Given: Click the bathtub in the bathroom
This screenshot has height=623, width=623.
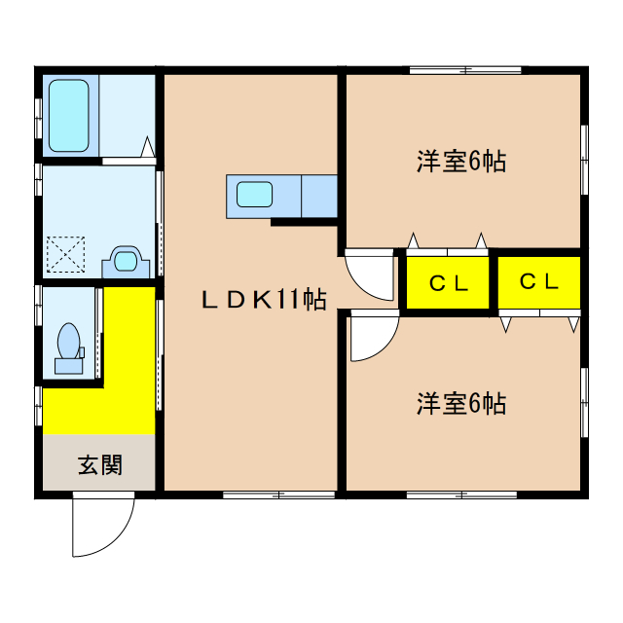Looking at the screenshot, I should pos(69,115).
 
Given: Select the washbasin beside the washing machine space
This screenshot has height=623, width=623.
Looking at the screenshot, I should pos(124,259).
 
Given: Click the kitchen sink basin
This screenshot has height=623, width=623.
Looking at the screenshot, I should pos(254,195).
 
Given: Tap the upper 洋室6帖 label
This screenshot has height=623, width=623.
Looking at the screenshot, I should pos(461,163).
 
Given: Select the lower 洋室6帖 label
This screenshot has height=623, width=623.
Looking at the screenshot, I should pos(461,403).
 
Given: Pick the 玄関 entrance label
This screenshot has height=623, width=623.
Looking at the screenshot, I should pos(100,464).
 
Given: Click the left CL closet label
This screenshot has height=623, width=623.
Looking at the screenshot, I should pos(450,284).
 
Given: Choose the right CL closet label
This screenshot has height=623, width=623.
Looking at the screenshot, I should pos(538,282).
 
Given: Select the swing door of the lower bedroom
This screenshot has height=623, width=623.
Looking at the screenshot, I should pos(373,336).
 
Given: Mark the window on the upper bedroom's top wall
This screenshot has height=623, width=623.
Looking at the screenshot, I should pos(464,70).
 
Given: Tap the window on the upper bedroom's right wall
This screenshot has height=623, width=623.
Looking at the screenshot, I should pos(584,156).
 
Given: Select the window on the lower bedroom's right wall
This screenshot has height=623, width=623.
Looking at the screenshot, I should pos(584,399).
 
